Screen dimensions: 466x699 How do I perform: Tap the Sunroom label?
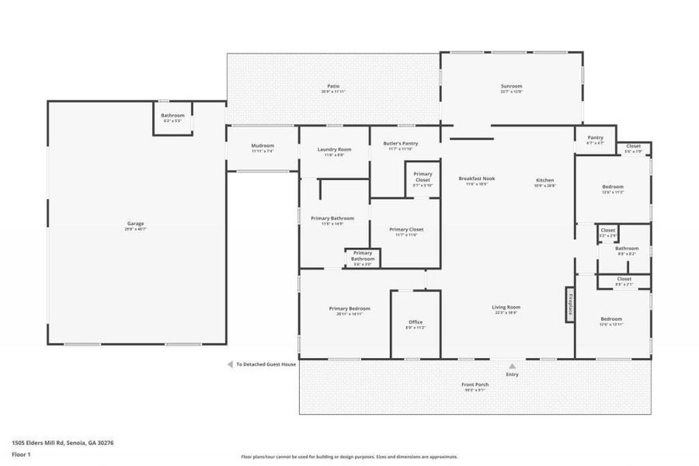tap(511, 86)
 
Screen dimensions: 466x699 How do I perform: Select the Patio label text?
tap(333, 86)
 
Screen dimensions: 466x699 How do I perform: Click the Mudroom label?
tap(263, 146)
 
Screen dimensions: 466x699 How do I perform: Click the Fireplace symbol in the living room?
tap(569, 304)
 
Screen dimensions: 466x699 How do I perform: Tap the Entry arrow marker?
tap(512, 366)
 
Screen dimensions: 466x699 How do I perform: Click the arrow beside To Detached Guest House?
tap(230, 363)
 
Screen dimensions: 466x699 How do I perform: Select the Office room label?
tap(416, 322)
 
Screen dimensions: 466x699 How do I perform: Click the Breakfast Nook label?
tap(476, 179)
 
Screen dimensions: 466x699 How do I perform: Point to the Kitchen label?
tap(545, 180)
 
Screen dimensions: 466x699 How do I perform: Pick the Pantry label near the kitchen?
tap(595, 137)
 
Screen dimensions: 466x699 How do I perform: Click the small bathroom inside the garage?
tap(172, 118)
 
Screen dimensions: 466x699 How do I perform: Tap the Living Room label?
tap(506, 308)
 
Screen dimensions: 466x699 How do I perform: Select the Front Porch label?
tap(474, 386)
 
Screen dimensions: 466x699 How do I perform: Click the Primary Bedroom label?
tap(344, 308)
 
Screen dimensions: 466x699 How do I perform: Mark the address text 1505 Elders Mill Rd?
tap(63, 442)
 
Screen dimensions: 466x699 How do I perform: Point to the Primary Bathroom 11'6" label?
tap(332, 219)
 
